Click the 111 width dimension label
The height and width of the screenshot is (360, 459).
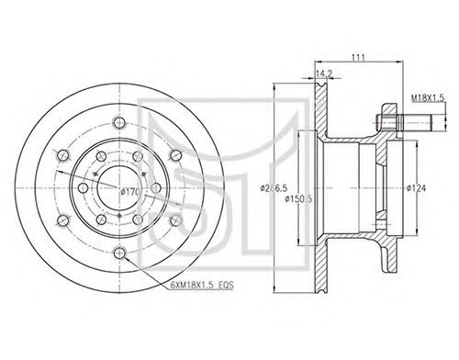point(358,58)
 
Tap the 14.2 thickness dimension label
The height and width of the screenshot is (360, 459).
point(323,73)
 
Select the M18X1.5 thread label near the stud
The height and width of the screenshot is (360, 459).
point(428,98)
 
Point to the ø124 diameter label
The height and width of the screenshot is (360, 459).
point(416,188)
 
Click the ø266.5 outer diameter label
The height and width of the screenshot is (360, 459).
point(274,188)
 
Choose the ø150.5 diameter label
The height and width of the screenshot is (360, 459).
point(298,199)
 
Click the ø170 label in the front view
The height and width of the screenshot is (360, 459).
point(130,192)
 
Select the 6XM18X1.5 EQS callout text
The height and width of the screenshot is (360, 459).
point(202,286)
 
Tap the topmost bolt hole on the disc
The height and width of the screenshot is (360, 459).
point(119,123)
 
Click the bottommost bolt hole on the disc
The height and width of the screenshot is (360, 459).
point(119,253)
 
